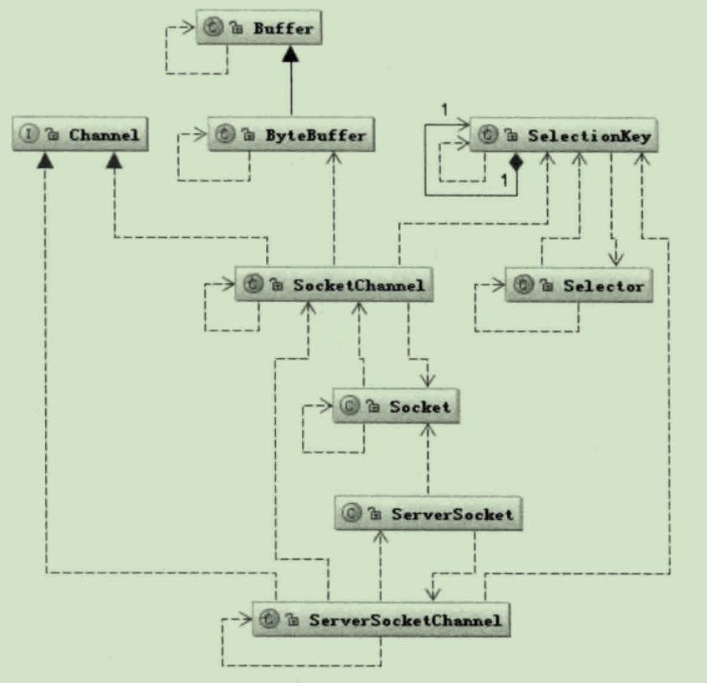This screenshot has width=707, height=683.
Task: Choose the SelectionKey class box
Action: tap(564, 136)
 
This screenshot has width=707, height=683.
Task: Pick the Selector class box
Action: tap(578, 286)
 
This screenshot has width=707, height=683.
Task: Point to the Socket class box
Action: tap(397, 408)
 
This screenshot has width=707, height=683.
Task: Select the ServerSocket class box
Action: tap(427, 513)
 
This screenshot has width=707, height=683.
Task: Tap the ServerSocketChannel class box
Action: tap(382, 621)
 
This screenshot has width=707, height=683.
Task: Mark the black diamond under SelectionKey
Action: tap(516, 161)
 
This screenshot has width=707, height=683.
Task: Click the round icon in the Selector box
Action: tap(523, 286)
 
